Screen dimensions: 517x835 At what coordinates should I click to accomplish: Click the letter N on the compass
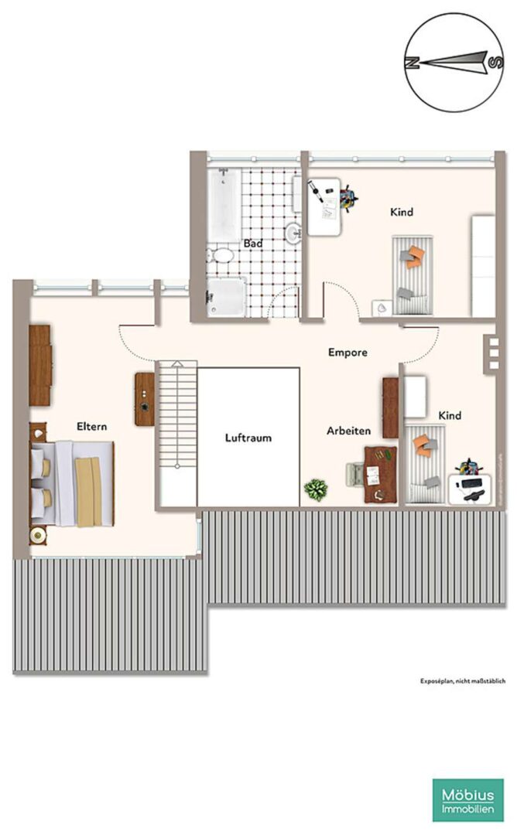point(412,63)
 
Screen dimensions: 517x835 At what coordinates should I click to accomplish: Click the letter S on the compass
point(495,63)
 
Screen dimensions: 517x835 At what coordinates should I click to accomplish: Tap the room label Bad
point(252,244)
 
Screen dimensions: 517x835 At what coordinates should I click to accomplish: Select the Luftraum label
point(248,438)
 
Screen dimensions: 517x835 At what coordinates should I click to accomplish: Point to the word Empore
point(348,353)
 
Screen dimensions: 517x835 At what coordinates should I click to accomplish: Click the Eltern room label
point(91,427)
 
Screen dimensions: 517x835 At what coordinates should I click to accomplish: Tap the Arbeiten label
point(348,431)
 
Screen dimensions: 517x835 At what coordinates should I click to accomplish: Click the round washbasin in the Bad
point(293,233)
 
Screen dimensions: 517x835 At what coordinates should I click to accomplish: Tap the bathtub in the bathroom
point(224,205)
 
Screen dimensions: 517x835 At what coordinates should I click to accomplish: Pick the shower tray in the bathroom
point(227,297)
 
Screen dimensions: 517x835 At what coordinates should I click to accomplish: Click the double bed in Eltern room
point(73,483)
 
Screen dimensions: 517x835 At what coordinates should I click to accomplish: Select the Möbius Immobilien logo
point(468,800)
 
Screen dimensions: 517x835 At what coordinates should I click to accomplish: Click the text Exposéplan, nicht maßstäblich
point(463,681)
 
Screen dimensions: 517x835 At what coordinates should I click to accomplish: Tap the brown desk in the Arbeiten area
point(381,475)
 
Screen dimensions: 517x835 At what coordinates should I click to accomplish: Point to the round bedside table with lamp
point(38,535)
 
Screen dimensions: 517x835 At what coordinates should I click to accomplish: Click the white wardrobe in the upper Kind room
point(484,266)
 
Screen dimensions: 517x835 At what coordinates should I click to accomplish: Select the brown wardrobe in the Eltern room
point(40,366)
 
